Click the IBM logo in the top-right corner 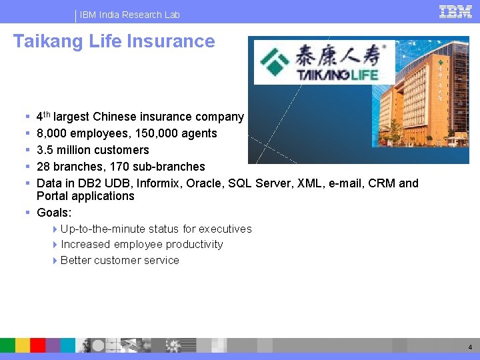point(455,11)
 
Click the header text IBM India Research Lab point(130,15)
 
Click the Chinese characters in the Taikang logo point(340,53)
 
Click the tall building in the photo point(427,93)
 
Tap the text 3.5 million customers point(93,150)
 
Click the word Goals point(53,213)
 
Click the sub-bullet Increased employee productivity point(141,245)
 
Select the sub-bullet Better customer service point(119,261)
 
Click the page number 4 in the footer point(470,347)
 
